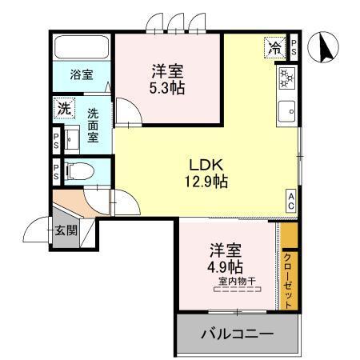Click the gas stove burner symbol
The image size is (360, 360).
287,78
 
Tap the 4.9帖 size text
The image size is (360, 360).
227,266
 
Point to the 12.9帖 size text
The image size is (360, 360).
206,182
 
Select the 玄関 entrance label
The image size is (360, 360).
66,231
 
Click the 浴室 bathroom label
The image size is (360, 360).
81,75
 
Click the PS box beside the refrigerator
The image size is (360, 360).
295,46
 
